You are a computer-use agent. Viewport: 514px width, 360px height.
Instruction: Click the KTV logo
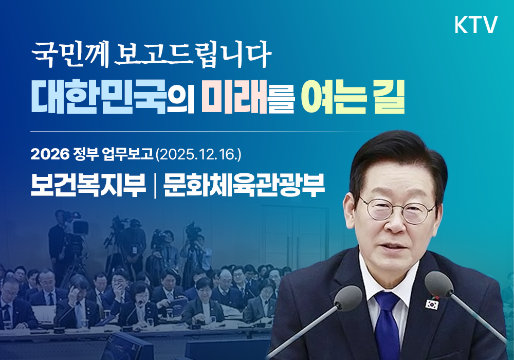476,25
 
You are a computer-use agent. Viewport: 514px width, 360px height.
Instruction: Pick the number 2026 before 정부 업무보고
46,153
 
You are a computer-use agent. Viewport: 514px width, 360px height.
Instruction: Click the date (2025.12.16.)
198,153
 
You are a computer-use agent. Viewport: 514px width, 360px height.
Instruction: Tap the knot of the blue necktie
386,301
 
